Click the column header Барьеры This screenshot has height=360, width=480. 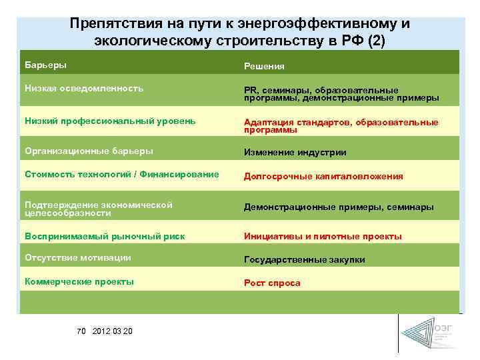pos(46,65)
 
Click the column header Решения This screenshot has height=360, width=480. pos(264,67)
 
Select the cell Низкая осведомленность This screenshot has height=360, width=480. pos(84,88)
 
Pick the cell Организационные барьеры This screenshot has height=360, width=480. pos(89,151)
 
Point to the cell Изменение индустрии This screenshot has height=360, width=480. pos(295,153)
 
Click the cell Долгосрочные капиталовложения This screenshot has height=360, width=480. pos(323,177)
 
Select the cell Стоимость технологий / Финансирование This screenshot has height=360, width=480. pos(121,175)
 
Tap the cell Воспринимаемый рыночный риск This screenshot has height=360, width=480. pos(105,236)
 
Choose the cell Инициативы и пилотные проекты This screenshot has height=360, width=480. pos(323,237)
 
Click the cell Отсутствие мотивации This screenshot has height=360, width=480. pos(77,258)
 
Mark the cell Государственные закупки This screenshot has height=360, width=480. pos(304,260)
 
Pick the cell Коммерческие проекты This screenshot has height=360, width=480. pos(79,281)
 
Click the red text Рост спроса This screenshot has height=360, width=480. pos(272,283)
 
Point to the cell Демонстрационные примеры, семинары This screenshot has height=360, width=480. pos(339,207)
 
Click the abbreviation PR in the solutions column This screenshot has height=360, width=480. pos(251,90)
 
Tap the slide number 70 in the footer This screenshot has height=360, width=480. pos(82,331)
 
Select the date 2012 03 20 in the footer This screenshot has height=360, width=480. pos(113,331)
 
